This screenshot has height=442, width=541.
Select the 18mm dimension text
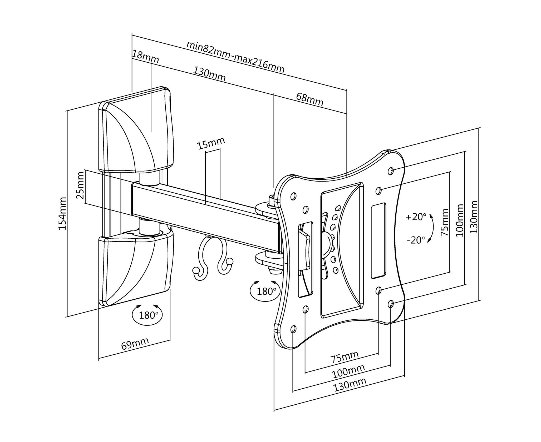tap(145, 57)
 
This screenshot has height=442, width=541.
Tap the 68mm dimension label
tap(310, 99)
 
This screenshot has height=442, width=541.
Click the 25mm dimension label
tap(81, 186)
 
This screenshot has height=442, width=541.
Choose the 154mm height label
tap(62, 213)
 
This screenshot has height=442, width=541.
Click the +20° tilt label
tap(416, 217)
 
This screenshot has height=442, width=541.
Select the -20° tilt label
tap(416, 240)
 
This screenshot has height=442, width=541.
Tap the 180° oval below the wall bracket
tap(147, 315)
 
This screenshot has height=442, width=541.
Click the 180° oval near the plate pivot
tap(265, 291)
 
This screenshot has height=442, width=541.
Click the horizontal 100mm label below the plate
tap(348, 370)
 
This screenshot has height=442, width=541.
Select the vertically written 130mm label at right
tap(474, 217)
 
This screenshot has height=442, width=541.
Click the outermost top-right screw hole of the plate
tap(391, 170)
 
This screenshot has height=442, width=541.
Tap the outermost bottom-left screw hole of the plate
tap(293, 329)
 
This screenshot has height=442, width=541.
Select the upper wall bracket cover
tap(136, 132)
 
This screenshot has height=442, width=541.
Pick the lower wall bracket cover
tap(136, 268)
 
